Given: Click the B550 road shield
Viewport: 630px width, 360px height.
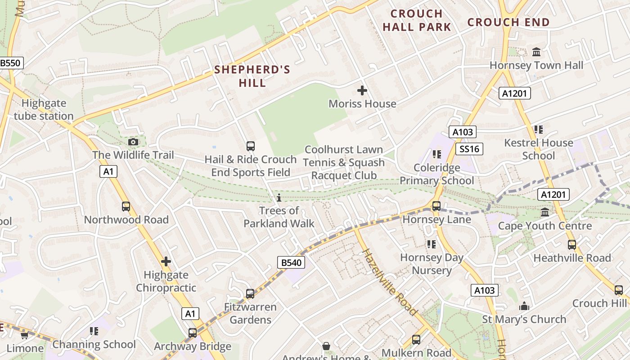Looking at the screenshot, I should tap(10, 63).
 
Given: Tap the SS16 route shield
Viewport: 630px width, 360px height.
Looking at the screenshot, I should tap(469, 149).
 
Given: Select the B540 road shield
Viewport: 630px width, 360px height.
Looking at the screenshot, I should tap(291, 263).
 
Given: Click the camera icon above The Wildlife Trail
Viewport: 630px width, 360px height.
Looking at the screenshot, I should tap(133, 142).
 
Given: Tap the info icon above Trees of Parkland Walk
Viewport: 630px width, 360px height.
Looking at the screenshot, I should tap(279, 198).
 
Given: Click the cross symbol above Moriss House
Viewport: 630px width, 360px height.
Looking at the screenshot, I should tap(362, 91).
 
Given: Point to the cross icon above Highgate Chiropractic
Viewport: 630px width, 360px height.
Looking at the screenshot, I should tap(166, 261).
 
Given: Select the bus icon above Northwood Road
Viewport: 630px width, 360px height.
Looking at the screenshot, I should tap(126, 207).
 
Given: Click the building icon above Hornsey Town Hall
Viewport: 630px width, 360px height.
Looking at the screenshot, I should tap(536, 52).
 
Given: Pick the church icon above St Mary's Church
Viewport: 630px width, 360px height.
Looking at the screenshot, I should tap(524, 306).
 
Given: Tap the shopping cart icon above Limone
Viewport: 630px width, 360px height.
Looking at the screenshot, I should tap(24, 335).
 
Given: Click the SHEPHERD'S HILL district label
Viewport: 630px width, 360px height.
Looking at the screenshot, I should tap(252, 76).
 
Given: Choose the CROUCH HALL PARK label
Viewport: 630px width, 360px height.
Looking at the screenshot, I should tap(417, 21).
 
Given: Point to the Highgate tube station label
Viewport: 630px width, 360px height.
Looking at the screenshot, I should tap(44, 110).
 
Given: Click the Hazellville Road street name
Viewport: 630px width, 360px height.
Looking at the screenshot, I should tap(390, 282).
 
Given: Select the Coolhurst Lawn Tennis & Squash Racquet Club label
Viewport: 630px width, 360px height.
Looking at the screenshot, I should tap(344, 162).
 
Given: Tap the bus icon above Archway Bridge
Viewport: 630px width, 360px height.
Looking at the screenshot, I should tap(193, 333).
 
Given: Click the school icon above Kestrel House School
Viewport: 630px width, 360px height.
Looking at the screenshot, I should tap(538, 130).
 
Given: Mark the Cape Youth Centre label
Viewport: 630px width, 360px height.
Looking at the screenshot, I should tap(545, 226).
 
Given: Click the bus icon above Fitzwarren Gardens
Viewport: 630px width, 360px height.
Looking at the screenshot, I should tap(250, 294).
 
